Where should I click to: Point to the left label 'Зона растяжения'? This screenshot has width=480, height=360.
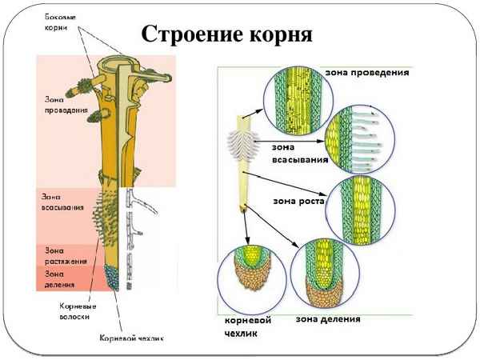pyautogui.click(x=61, y=254)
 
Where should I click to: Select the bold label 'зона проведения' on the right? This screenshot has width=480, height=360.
pyautogui.click(x=367, y=71)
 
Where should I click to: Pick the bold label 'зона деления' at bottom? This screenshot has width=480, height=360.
pyautogui.click(x=327, y=319)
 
